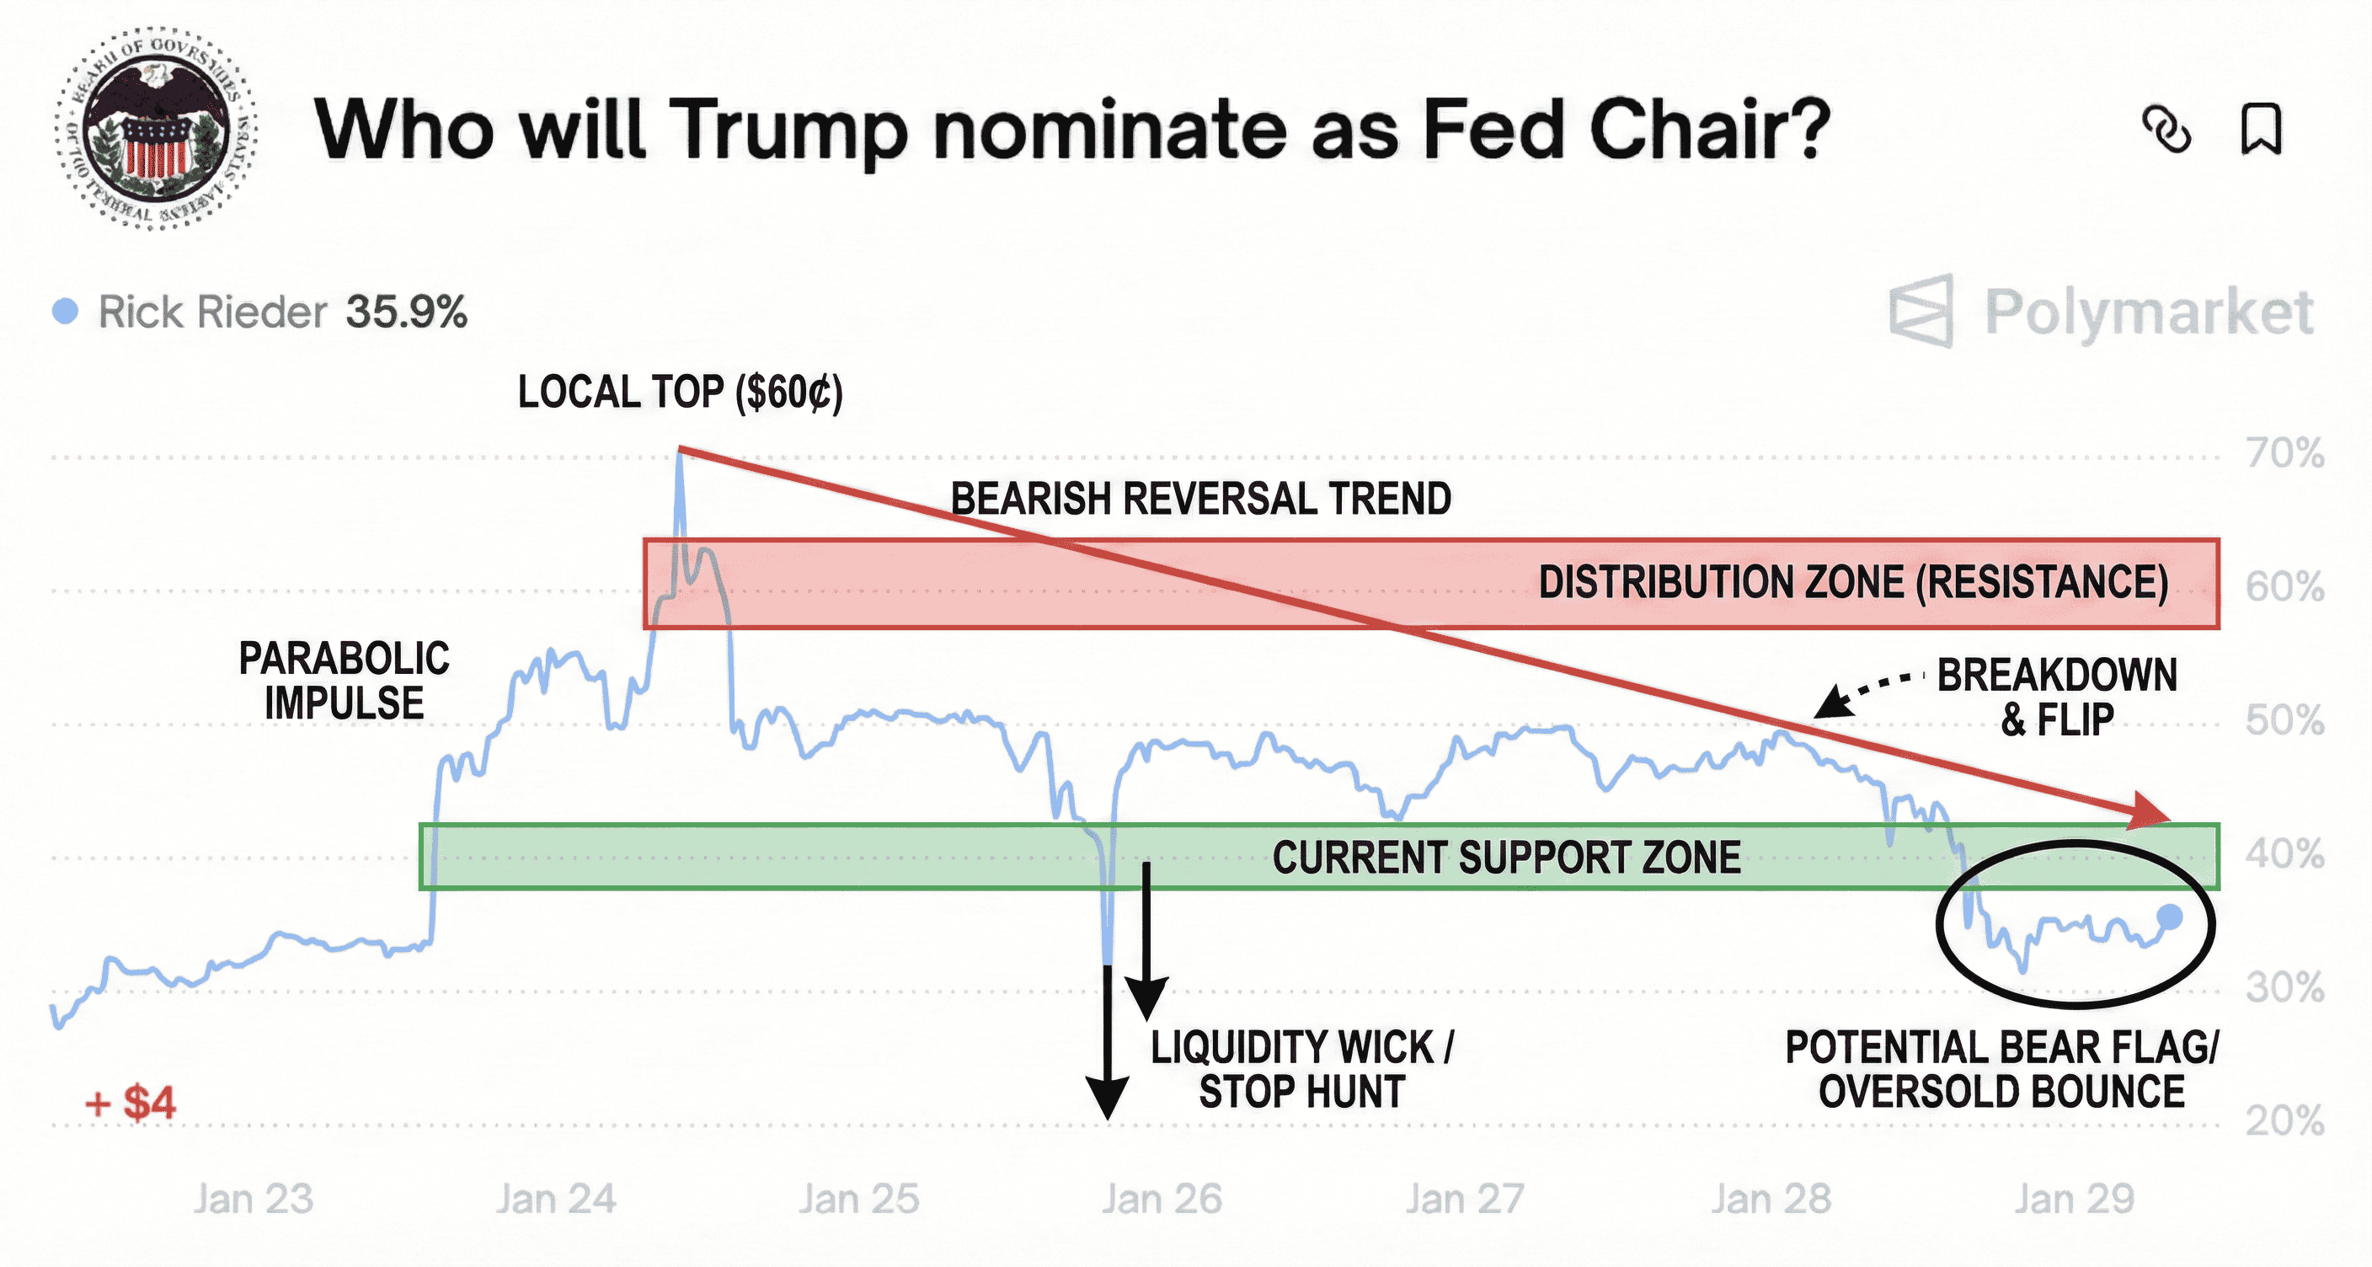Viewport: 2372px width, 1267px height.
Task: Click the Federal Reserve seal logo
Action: pos(155,129)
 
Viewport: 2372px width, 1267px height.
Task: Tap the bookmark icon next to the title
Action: pos(2261,129)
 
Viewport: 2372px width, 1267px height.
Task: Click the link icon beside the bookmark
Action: pos(2166,129)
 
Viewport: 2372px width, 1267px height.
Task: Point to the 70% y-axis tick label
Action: pos(2285,453)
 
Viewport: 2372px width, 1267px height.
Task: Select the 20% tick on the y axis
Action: pos(2285,1120)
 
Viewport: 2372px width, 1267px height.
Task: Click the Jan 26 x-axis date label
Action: pos(1162,1199)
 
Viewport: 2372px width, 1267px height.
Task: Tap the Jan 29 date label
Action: pos(2074,1199)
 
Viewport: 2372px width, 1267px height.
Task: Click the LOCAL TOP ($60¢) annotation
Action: pos(680,393)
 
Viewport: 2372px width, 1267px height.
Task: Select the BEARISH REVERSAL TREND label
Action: pos(1200,499)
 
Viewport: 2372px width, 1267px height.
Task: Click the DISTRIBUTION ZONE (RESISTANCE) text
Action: pos(1852,583)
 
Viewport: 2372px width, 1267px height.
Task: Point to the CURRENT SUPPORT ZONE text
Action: pos(1506,858)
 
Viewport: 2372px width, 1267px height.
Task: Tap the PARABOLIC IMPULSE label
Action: pos(345,682)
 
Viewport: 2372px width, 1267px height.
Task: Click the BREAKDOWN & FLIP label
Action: pos(2057,697)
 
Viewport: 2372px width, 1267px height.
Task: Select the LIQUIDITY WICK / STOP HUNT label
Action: pos(1302,1069)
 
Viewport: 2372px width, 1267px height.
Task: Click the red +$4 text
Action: pos(130,1102)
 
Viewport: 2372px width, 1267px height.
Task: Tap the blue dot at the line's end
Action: pos(2171,917)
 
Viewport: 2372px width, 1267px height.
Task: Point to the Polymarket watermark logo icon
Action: pos(1921,311)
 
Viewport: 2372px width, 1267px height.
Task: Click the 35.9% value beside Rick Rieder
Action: pos(406,313)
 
